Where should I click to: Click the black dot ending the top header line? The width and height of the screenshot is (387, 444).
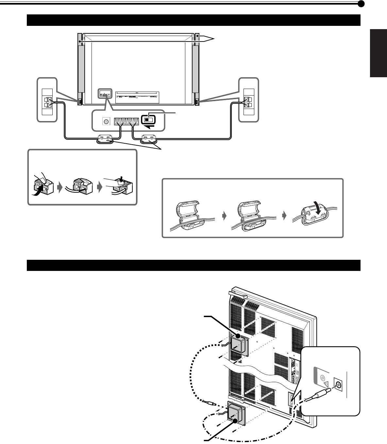pyautogui.click(x=361, y=4)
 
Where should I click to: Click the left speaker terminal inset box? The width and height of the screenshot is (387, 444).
pyautogui.click(x=47, y=99)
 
